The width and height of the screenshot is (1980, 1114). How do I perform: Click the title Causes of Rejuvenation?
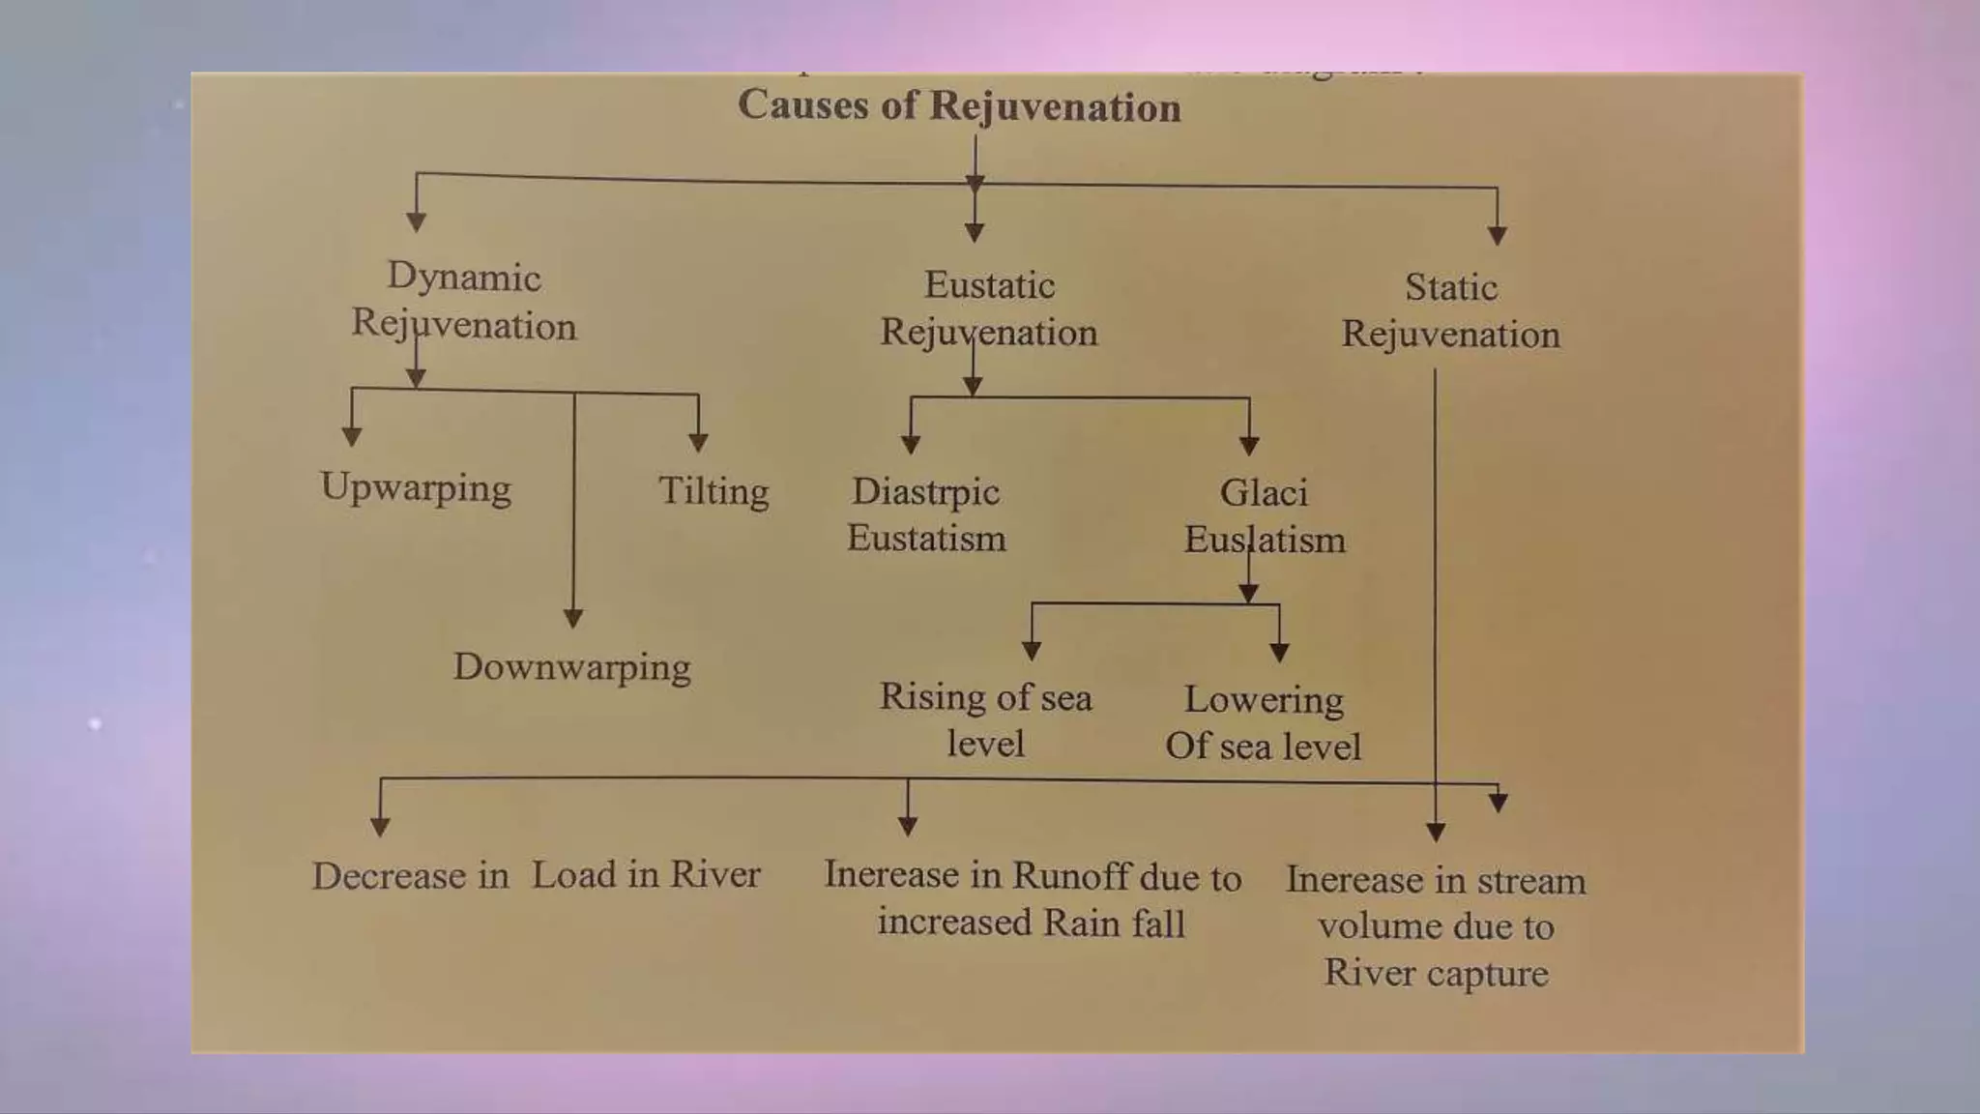(959, 105)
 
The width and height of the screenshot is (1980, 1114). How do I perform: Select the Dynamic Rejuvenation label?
(464, 301)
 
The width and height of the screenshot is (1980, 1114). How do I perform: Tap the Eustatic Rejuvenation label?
(988, 308)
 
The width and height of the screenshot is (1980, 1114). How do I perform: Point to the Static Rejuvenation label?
(1450, 310)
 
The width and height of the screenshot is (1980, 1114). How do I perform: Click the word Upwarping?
(416, 488)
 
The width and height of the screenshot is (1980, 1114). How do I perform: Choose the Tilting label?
(713, 491)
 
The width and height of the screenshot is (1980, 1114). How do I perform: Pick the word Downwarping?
(572, 667)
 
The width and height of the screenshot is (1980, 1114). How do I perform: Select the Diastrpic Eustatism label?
(926, 514)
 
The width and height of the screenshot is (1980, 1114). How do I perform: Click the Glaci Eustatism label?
(1265, 516)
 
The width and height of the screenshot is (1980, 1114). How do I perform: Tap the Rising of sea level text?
(985, 719)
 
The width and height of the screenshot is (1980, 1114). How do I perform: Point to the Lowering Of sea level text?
(1263, 722)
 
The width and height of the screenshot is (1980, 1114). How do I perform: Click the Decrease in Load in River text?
(536, 875)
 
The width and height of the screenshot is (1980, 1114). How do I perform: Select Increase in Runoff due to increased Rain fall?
(1032, 898)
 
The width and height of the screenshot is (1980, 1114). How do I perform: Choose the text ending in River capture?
(1436, 925)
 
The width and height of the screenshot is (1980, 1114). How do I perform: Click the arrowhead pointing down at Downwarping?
(573, 618)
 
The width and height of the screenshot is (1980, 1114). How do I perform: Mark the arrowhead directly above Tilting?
(698, 442)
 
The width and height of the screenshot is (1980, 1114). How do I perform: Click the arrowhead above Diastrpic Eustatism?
(911, 444)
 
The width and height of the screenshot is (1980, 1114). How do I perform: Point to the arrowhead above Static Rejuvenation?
(1498, 234)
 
